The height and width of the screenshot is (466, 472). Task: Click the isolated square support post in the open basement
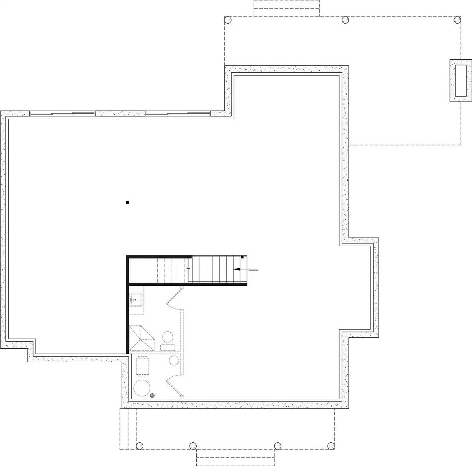[x=127, y=203]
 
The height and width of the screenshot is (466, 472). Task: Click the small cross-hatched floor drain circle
[x=153, y=396]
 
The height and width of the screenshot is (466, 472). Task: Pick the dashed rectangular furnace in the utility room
[x=142, y=367]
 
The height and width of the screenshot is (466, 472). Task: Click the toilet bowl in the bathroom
[x=168, y=338]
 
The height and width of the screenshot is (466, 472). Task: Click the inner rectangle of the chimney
[x=461, y=81]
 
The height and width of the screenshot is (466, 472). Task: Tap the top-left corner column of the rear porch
[x=227, y=19]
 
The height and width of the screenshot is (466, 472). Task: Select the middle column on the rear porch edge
[x=345, y=19]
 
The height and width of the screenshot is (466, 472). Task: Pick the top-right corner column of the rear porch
[x=457, y=19]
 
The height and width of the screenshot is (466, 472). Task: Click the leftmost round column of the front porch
[x=139, y=446]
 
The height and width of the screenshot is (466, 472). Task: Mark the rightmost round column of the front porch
[x=331, y=446]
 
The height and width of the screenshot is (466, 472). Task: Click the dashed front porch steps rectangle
[x=235, y=458]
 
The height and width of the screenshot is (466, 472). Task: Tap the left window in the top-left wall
[x=62, y=114]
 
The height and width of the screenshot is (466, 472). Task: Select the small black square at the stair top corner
[x=243, y=257]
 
